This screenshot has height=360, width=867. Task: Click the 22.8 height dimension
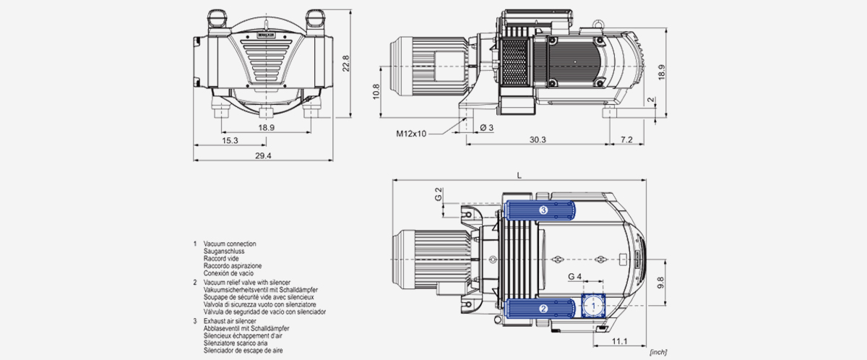pos(347,64)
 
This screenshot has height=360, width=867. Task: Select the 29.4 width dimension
pos(263,156)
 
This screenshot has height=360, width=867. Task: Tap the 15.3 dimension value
pos(231,140)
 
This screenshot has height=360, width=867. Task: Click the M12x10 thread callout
pos(411,133)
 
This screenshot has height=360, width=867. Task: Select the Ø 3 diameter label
pos(486,128)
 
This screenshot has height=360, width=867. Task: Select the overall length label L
pos(518,175)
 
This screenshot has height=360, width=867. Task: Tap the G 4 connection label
pos(575,277)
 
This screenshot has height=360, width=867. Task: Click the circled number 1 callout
pos(592,307)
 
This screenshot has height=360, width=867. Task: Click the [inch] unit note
pos(657,351)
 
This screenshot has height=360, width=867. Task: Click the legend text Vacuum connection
pos(230,244)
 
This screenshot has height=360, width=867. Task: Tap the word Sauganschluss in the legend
pos(224,252)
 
